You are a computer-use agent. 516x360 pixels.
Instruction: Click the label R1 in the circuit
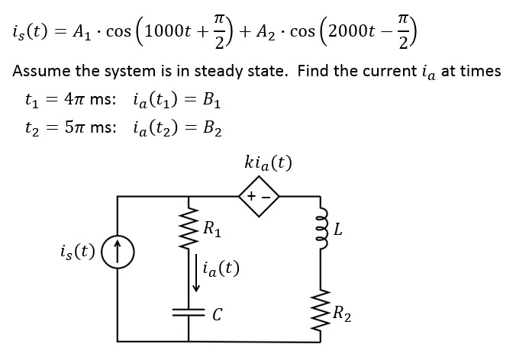tap(213, 227)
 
